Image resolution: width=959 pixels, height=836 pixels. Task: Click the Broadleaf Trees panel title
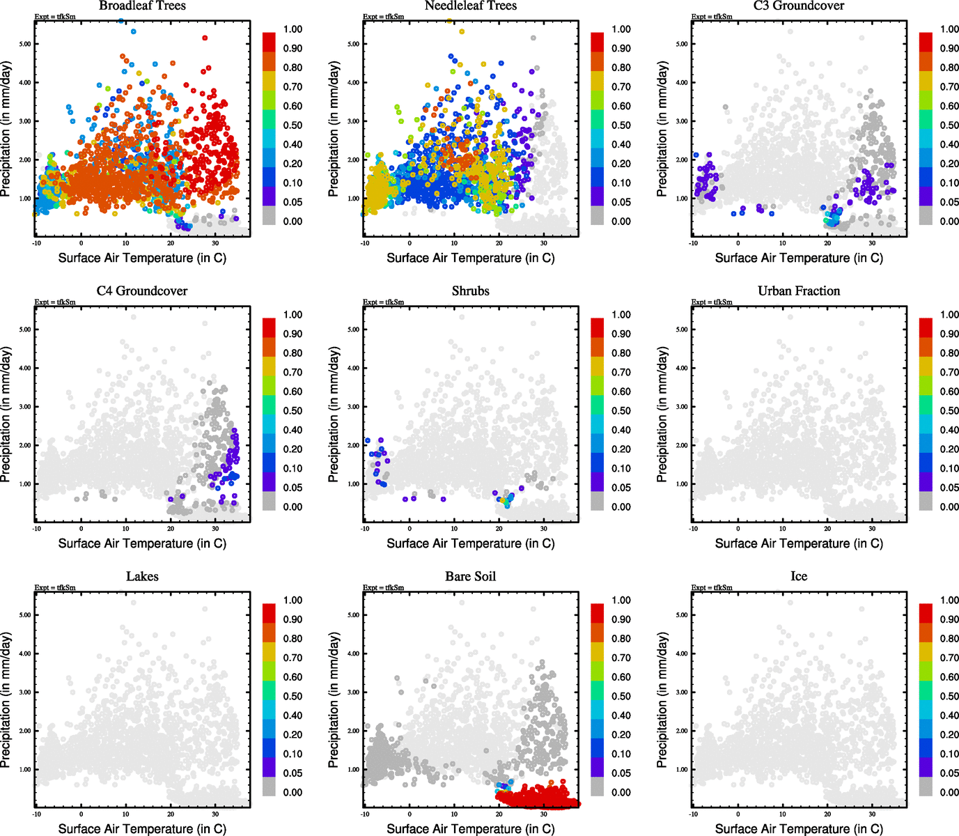(142, 6)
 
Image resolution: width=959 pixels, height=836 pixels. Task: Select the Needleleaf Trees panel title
(471, 6)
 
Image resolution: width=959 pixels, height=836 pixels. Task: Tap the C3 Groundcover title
(799, 6)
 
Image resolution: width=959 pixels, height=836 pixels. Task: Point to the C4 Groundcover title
(142, 291)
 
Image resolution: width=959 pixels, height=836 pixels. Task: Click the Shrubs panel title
(471, 291)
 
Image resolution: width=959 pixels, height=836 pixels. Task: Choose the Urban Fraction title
(799, 291)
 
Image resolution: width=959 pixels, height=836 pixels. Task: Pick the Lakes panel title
(142, 577)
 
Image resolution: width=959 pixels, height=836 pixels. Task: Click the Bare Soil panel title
(471, 577)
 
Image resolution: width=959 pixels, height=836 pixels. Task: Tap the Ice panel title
(799, 577)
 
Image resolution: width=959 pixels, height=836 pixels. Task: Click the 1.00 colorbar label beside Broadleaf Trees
(293, 29)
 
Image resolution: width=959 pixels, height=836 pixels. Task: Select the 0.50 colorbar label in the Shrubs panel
(621, 411)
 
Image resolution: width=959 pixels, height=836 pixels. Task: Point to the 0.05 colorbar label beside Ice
(949, 773)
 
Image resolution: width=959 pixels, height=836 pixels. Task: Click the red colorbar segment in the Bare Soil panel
(597, 613)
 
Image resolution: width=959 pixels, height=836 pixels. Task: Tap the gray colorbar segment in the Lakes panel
(269, 787)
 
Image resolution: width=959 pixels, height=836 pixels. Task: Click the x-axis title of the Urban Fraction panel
(799, 543)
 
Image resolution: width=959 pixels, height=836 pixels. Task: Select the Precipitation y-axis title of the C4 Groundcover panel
(6, 415)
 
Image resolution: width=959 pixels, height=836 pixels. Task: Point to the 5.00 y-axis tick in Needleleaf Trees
(354, 44)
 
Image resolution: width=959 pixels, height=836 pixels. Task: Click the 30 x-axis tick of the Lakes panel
(215, 814)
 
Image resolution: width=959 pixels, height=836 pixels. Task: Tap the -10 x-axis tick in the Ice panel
(693, 814)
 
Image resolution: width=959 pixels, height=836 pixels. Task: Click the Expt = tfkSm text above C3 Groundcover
(712, 17)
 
